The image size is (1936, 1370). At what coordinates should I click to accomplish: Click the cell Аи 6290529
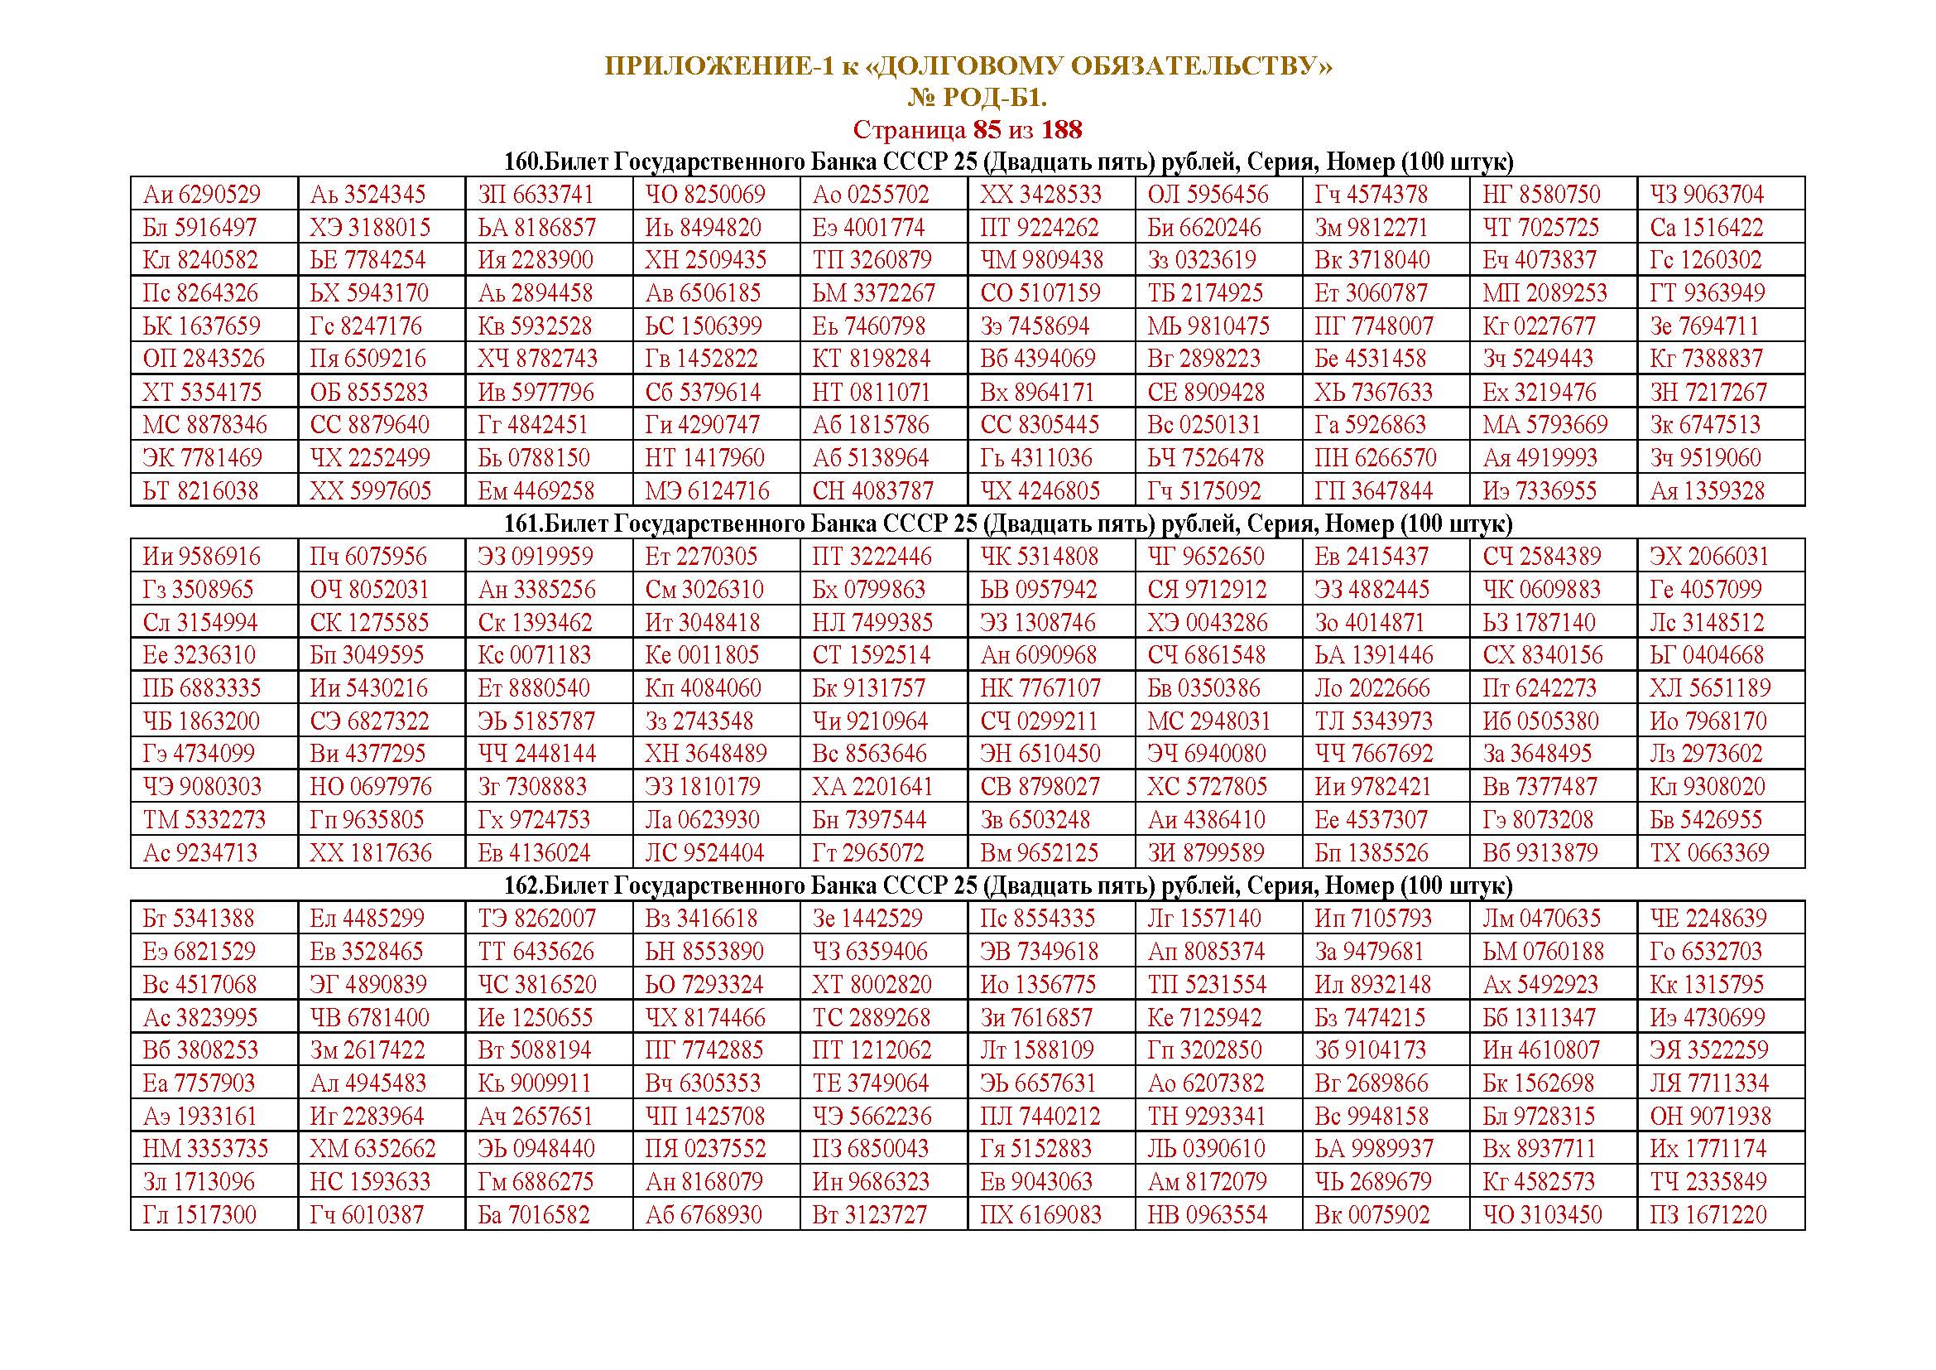point(201,195)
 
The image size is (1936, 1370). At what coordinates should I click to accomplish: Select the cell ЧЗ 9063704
point(1707,195)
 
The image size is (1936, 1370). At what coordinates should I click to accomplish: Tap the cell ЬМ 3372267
point(873,293)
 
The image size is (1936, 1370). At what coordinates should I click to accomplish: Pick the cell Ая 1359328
point(1707,491)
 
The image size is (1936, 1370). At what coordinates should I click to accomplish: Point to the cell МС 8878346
point(205,425)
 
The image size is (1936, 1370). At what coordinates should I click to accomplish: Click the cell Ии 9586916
point(201,557)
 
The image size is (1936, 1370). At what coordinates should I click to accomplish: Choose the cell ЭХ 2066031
point(1709,557)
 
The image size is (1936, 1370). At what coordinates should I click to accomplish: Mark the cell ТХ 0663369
point(1709,853)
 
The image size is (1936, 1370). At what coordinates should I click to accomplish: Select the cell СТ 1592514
point(871,655)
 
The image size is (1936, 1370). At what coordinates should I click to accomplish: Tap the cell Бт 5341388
point(198,919)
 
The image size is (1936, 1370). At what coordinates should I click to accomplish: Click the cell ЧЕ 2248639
point(1708,919)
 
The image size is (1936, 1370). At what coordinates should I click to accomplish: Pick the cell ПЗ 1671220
point(1708,1216)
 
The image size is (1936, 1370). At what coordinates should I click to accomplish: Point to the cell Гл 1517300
point(199,1216)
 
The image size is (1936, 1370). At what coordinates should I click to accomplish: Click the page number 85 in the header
point(988,130)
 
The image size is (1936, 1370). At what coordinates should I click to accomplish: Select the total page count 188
point(1062,130)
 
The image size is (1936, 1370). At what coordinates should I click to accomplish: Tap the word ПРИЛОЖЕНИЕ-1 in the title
point(718,66)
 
